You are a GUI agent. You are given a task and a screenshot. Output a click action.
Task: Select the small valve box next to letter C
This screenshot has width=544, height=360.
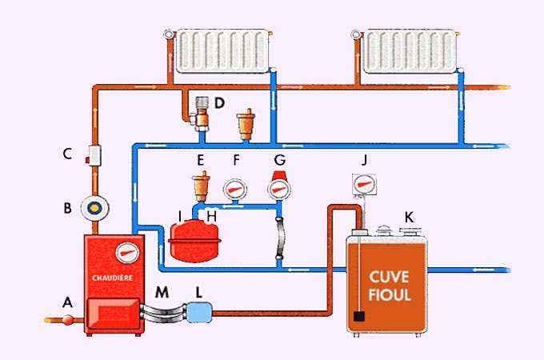pos(96,154)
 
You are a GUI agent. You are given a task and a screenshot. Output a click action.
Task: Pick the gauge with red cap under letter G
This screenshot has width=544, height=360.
pos(279,188)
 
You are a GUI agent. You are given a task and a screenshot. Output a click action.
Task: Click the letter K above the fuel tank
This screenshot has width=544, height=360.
pos(410,217)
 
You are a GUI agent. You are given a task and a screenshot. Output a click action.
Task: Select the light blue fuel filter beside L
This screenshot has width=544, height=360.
pos(199,309)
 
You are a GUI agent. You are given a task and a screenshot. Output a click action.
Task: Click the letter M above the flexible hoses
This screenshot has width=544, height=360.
pos(162,292)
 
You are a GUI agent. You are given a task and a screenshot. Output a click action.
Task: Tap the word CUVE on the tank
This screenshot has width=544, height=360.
pos(390,278)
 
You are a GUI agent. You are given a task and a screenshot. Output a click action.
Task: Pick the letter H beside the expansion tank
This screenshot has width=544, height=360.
pos(211,216)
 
